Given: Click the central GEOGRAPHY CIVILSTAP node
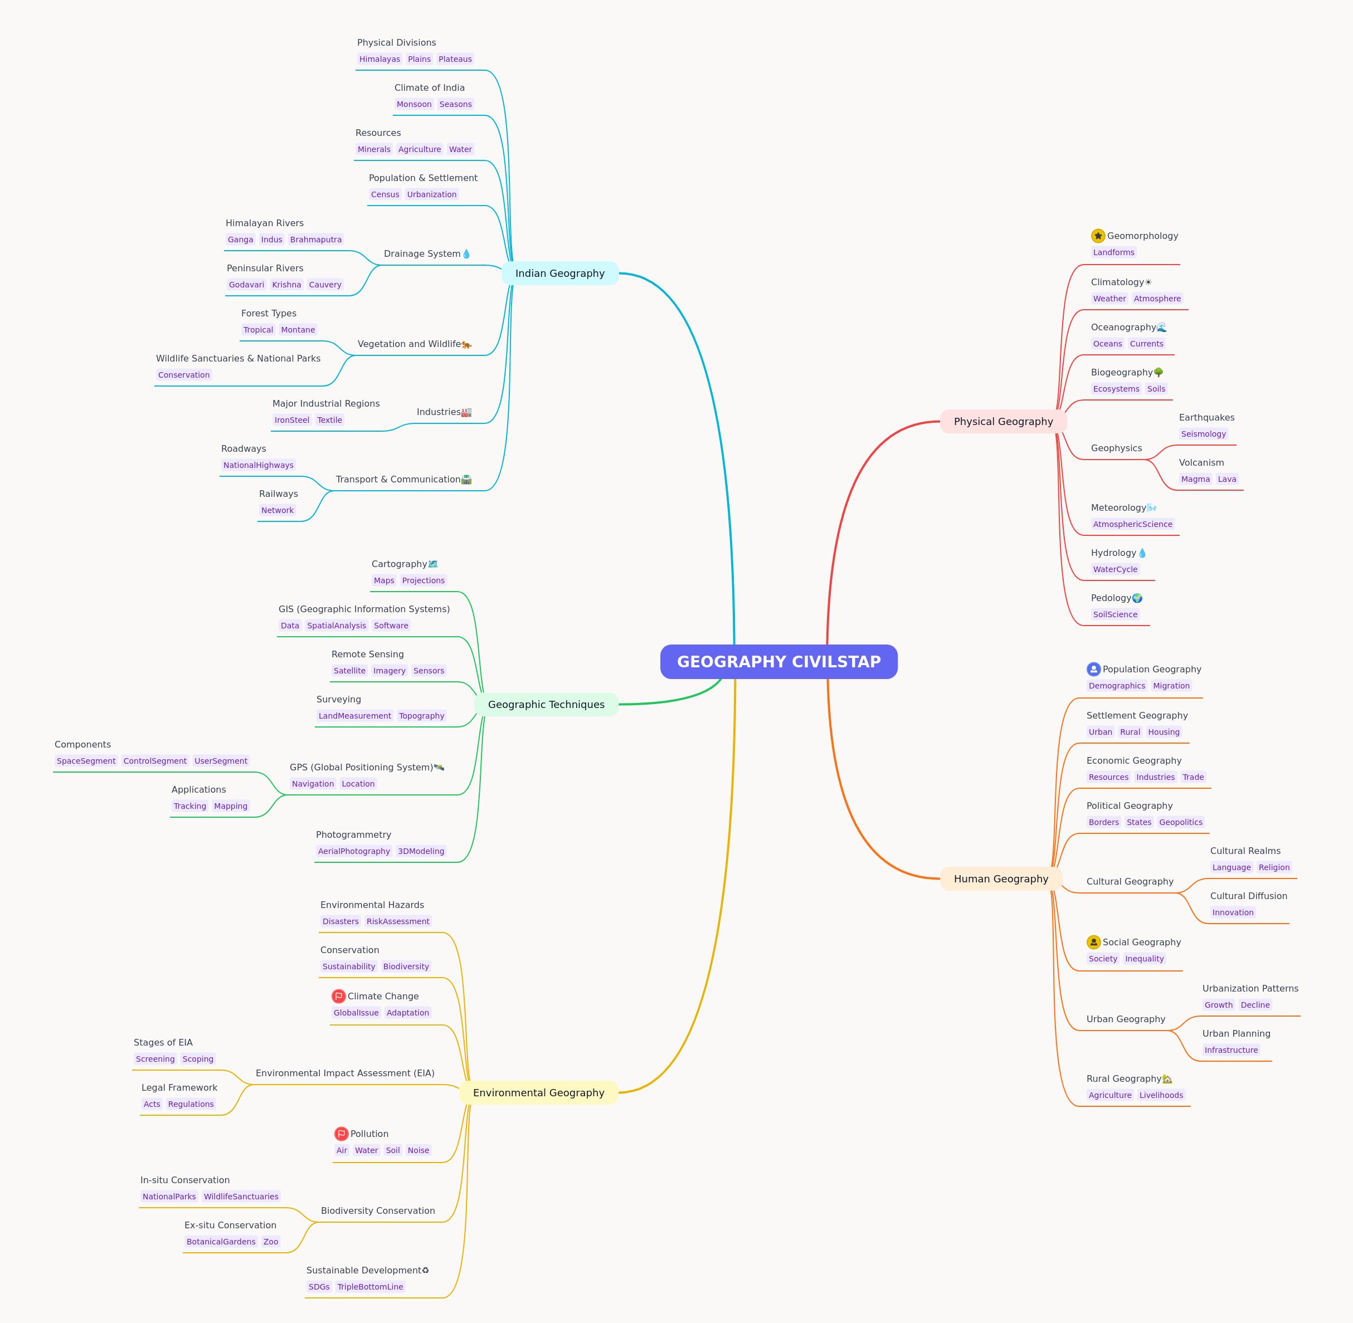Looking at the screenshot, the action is pyautogui.click(x=778, y=662).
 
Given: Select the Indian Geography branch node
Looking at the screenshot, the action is pyautogui.click(x=559, y=273).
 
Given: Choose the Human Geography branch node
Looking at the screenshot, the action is pyautogui.click(x=1001, y=878).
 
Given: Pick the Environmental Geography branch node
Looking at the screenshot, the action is pyautogui.click(x=538, y=1092).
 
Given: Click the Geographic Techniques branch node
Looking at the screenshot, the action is pyautogui.click(x=546, y=704).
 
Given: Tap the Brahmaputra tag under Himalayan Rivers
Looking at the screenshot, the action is pyautogui.click(x=315, y=240).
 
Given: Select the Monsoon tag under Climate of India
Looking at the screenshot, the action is pyautogui.click(x=414, y=104).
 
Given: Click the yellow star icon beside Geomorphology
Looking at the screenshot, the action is pyautogui.click(x=1098, y=236).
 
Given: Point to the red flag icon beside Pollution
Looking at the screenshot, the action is pyautogui.click(x=341, y=1133).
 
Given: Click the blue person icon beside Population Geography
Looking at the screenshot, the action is pyautogui.click(x=1094, y=669).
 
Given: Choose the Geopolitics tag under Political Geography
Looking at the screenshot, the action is pyautogui.click(x=1181, y=822).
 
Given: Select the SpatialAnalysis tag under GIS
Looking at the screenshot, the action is pyautogui.click(x=337, y=626).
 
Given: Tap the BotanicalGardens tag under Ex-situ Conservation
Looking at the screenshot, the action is pyautogui.click(x=221, y=1242).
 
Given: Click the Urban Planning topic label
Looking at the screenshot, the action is pyautogui.click(x=1236, y=1033).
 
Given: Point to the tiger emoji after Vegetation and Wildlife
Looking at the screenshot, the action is pyautogui.click(x=466, y=344).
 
